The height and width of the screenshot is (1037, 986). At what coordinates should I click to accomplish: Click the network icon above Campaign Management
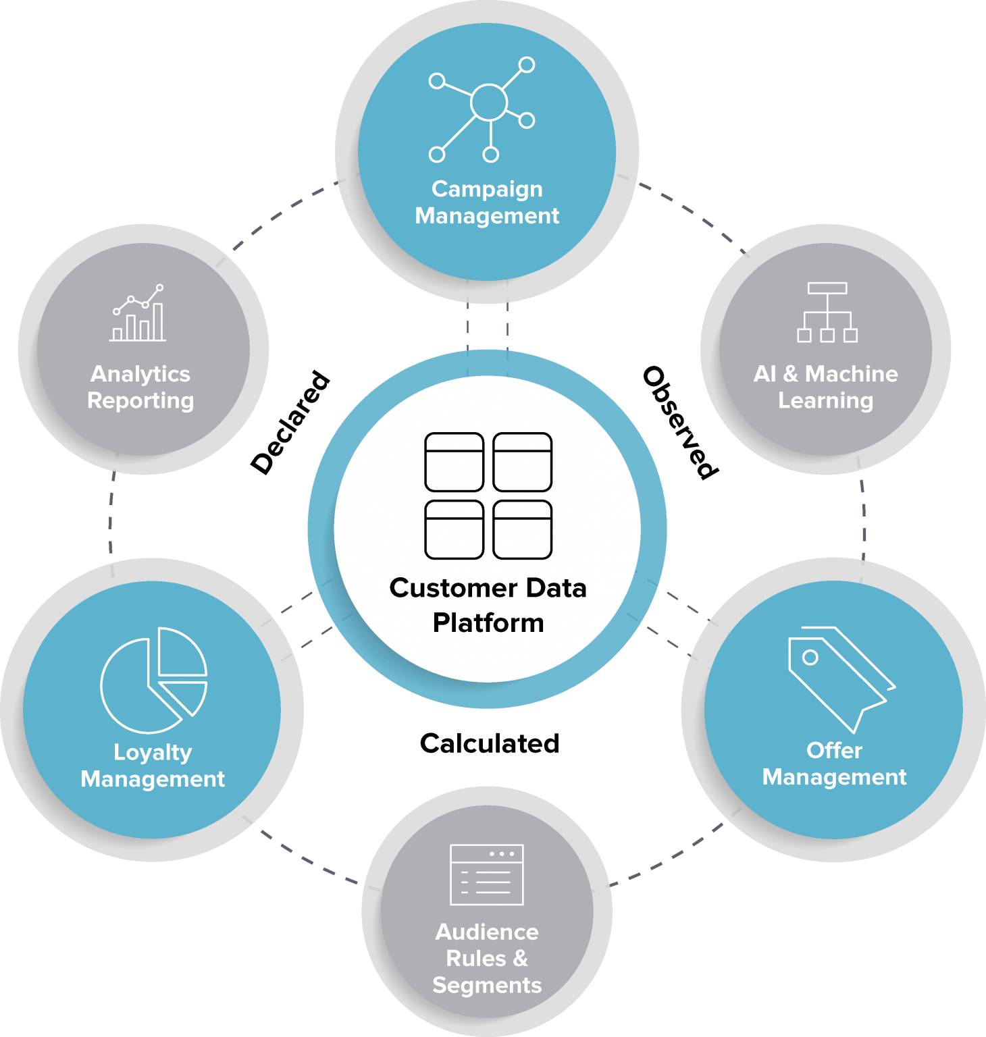[x=482, y=110]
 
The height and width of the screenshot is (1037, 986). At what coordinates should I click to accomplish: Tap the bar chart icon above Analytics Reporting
[x=138, y=313]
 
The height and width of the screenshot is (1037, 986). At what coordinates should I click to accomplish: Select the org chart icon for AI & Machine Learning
[x=827, y=313]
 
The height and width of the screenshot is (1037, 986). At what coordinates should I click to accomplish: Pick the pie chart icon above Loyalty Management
[x=153, y=680]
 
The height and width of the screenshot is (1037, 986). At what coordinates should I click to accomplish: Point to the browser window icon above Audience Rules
[x=487, y=874]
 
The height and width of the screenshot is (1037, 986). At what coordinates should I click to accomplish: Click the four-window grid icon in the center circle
[x=488, y=496]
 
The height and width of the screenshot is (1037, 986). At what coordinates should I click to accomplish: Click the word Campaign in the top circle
[x=487, y=189]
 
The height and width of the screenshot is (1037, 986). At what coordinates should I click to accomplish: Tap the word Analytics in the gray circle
[x=140, y=374]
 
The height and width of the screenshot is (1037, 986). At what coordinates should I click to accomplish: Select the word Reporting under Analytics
[x=140, y=401]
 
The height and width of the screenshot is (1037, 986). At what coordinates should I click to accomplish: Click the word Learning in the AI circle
[x=825, y=401]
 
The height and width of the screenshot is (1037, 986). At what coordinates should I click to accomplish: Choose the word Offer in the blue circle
[x=834, y=750]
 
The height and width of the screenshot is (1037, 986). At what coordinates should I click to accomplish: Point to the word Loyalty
[x=153, y=752]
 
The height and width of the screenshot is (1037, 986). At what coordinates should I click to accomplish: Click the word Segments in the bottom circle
[x=487, y=985]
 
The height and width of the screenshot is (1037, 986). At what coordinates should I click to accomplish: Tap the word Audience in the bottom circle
[x=487, y=932]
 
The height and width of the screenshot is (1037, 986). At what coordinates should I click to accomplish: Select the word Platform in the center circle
[x=488, y=622]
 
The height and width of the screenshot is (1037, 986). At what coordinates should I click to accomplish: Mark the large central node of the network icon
[x=489, y=102]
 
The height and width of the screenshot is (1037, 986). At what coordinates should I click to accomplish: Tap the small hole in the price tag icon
[x=810, y=658]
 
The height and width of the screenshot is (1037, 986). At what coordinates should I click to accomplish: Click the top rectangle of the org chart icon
[x=827, y=288]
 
